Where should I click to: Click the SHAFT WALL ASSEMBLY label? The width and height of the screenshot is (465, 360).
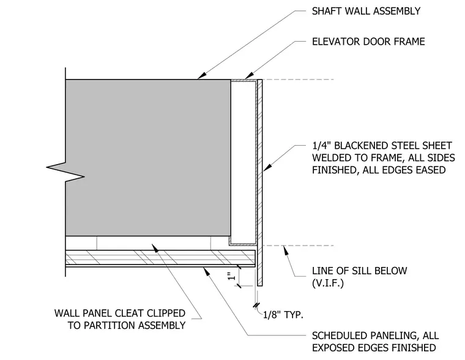tap(366, 11)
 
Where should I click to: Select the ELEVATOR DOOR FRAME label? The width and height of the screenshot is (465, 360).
tap(368, 42)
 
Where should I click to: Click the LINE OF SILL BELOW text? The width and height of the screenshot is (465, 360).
tap(359, 271)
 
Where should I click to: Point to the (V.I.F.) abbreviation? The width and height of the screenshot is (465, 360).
tap(328, 283)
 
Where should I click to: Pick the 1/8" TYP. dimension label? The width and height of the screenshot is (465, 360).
tap(283, 315)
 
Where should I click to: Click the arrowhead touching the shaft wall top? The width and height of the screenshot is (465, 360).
tap(202, 76)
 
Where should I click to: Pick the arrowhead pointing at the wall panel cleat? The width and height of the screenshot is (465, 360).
tap(155, 247)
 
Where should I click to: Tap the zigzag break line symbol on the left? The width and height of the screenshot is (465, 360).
tap(65, 172)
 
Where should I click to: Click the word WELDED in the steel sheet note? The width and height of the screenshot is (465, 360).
tap(330, 157)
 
